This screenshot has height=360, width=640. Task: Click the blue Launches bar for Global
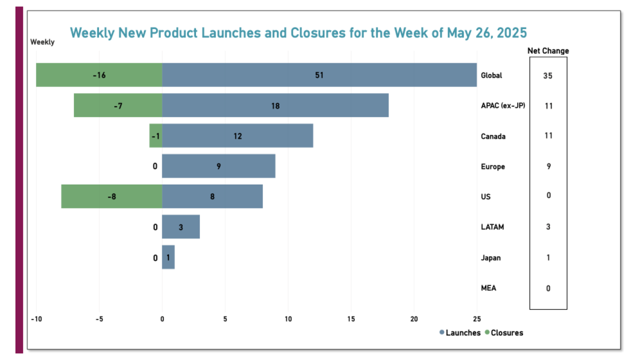click(x=319, y=75)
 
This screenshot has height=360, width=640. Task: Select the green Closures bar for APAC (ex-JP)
click(x=118, y=105)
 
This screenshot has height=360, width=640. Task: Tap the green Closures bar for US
click(x=111, y=196)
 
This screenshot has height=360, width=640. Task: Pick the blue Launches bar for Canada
click(x=237, y=136)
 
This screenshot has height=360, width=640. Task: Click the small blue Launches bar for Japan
click(x=168, y=257)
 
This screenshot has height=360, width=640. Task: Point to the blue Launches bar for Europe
click(x=218, y=166)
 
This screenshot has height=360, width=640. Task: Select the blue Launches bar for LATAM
click(x=181, y=227)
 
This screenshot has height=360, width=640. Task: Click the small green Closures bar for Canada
click(x=156, y=136)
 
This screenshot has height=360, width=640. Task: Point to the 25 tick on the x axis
click(x=476, y=319)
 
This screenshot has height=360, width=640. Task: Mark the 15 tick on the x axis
click(x=351, y=319)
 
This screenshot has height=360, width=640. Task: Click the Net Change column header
click(x=548, y=51)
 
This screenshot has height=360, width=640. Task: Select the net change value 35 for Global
click(x=548, y=76)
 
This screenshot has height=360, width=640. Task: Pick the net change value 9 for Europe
click(x=548, y=166)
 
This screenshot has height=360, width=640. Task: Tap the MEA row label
click(x=488, y=288)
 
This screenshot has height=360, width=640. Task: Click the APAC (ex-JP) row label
click(x=502, y=105)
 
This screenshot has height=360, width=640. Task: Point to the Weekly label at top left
click(x=42, y=42)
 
